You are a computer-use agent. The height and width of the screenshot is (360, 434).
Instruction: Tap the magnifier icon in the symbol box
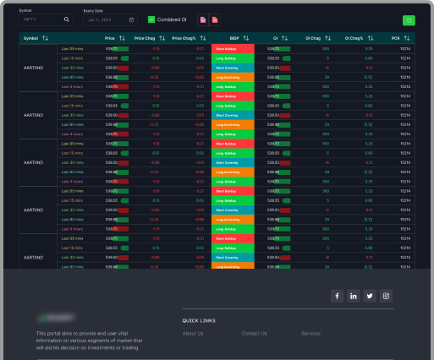pos(68,19)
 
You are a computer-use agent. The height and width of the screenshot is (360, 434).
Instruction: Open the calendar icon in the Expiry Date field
pos(131,19)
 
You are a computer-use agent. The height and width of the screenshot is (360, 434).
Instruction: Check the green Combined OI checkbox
pos(151,19)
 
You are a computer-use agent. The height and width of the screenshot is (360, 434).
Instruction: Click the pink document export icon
pos(203,19)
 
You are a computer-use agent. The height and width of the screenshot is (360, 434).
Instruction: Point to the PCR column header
pos(395,38)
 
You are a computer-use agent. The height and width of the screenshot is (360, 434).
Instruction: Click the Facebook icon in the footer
pos(336,296)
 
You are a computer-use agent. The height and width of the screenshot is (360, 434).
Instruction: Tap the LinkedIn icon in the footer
pos(353,296)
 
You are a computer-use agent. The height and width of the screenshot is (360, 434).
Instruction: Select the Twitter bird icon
pos(370,296)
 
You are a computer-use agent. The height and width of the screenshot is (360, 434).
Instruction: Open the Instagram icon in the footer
pos(387,296)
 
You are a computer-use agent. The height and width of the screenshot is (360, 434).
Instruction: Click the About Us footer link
pos(193,334)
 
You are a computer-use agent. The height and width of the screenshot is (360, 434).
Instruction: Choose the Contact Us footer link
pos(254,334)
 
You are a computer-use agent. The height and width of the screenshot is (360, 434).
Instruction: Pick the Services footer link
pos(310,334)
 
